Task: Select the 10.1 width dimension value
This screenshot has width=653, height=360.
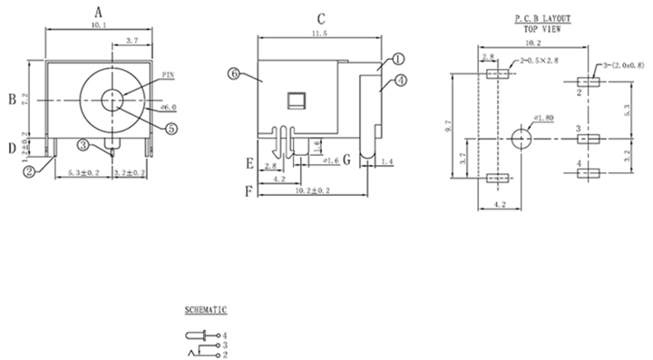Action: click(101, 26)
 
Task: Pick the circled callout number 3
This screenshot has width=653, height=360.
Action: click(83, 145)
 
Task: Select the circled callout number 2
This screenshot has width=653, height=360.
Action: click(29, 169)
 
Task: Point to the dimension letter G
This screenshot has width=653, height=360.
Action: click(346, 164)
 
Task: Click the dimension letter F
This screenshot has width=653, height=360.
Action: click(249, 191)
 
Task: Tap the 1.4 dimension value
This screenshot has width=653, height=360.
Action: click(388, 161)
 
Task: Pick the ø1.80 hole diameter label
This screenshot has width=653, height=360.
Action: click(544, 119)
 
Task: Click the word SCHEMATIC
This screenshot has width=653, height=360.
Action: click(206, 310)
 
